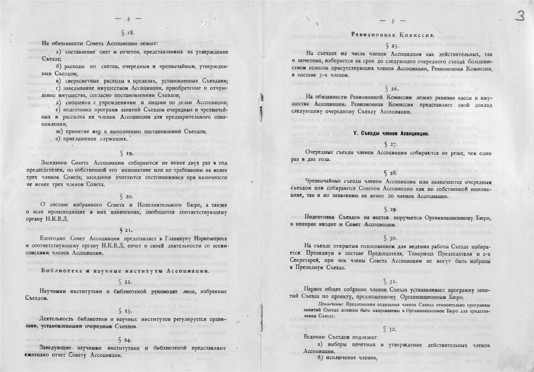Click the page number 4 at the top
click(128, 19)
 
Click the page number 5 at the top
click(393, 21)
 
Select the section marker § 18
click(128, 33)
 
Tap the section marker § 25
click(392, 46)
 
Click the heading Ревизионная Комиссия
click(392, 35)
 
